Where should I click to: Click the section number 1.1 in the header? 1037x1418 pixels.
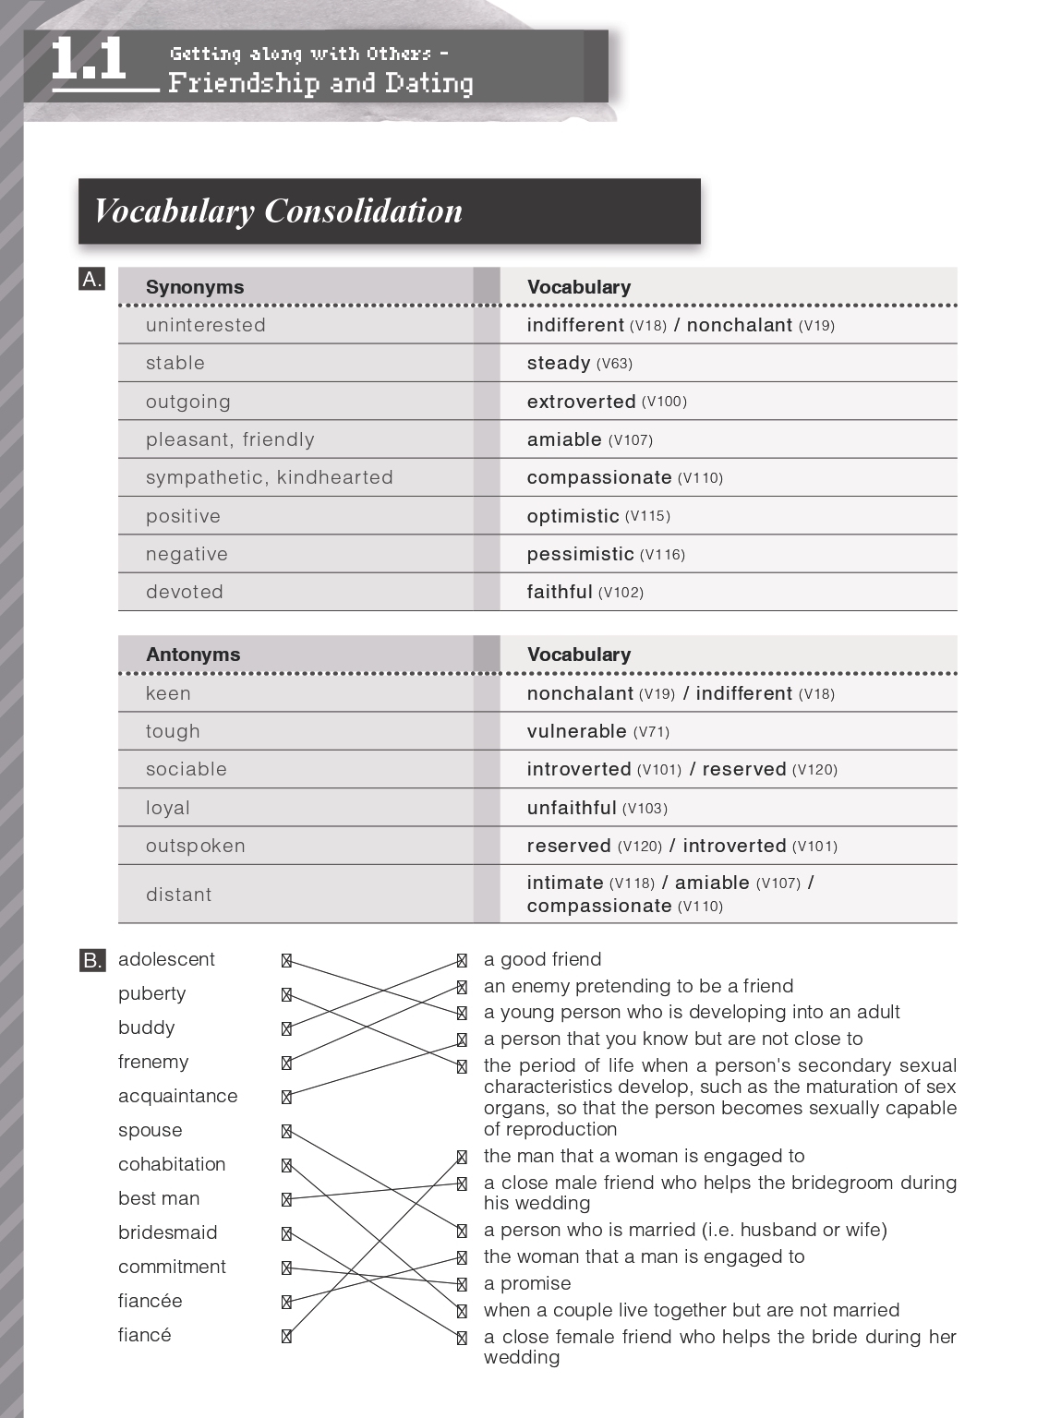(89, 60)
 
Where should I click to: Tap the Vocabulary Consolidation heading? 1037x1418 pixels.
(278, 211)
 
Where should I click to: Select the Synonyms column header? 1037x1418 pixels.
(195, 287)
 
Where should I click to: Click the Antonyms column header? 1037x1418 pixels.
(193, 655)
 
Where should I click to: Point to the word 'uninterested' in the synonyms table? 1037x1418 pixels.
(206, 325)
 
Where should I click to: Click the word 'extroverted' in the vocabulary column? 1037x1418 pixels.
(581, 402)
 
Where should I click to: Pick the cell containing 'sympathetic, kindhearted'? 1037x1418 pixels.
(270, 477)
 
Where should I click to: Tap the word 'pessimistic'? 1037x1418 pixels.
(580, 554)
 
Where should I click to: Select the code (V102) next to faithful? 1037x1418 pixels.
(621, 593)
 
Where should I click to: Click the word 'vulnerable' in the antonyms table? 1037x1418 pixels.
(576, 731)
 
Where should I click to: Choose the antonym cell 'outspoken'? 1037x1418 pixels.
(196, 846)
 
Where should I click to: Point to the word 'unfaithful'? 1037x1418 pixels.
(572, 808)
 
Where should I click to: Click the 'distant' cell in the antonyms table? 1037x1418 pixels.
(179, 895)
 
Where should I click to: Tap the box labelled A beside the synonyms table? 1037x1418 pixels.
(91, 280)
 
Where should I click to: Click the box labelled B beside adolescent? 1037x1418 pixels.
(91, 960)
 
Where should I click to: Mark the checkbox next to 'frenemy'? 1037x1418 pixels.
(286, 1063)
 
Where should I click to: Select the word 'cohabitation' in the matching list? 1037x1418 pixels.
(172, 1164)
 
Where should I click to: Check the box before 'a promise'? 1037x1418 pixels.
(462, 1284)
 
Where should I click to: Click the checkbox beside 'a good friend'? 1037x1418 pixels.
(462, 960)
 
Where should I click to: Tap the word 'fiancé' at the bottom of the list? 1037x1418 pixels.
(145, 1335)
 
